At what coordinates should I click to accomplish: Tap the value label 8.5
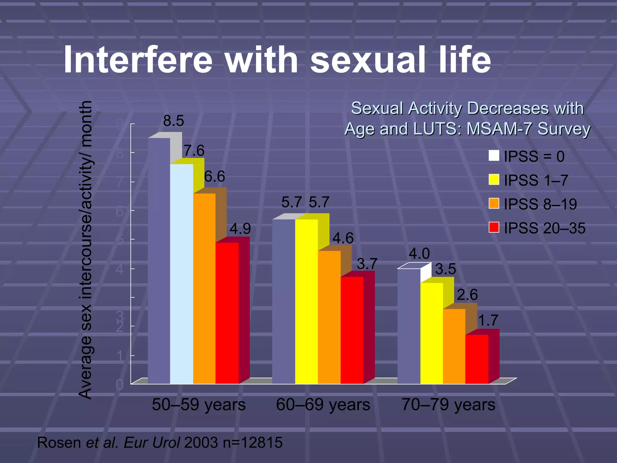pos(174,121)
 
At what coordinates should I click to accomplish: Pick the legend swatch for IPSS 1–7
pos(494,180)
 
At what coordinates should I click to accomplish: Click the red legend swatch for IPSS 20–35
pos(494,227)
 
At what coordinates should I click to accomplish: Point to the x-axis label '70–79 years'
pos(448,405)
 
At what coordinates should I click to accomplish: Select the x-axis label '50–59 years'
pos(199,405)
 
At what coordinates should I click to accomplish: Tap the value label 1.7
pos(488,320)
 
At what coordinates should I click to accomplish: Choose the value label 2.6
pos(467,294)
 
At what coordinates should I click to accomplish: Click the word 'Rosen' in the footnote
pos(59,443)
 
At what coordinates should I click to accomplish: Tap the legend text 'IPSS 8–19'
pos(540,204)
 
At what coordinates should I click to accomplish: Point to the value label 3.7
pos(367,264)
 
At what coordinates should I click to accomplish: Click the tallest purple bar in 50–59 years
pos(159,261)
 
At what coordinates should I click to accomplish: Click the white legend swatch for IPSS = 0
pos(494,156)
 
